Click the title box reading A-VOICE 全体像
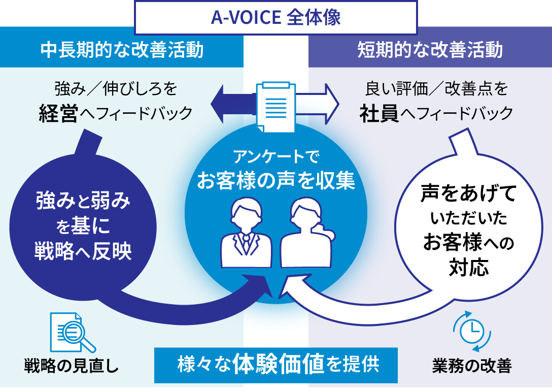click(275, 17)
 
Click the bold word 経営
click(58, 113)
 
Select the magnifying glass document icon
click(72, 333)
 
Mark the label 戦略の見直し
click(72, 366)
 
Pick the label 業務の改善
click(472, 366)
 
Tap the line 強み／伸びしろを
click(116, 90)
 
